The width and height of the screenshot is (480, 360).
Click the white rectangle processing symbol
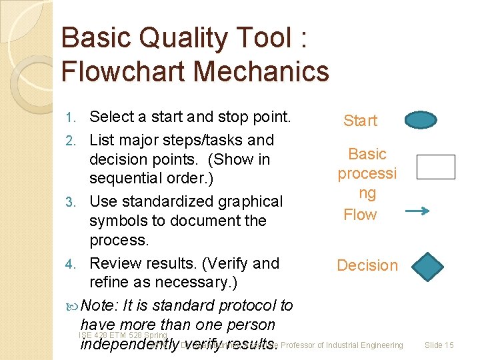pos(435,167)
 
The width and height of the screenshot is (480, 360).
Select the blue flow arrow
pos(417,211)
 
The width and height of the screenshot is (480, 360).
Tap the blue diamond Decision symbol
pos(427,266)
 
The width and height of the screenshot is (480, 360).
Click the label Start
pos(360,121)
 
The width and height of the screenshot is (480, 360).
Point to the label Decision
pos(367,265)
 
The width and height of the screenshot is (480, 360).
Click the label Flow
pos(360,215)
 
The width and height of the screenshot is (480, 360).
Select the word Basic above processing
pos(367,154)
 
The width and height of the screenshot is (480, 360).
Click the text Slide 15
pos(439,345)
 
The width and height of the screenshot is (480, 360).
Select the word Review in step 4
pos(117,264)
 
